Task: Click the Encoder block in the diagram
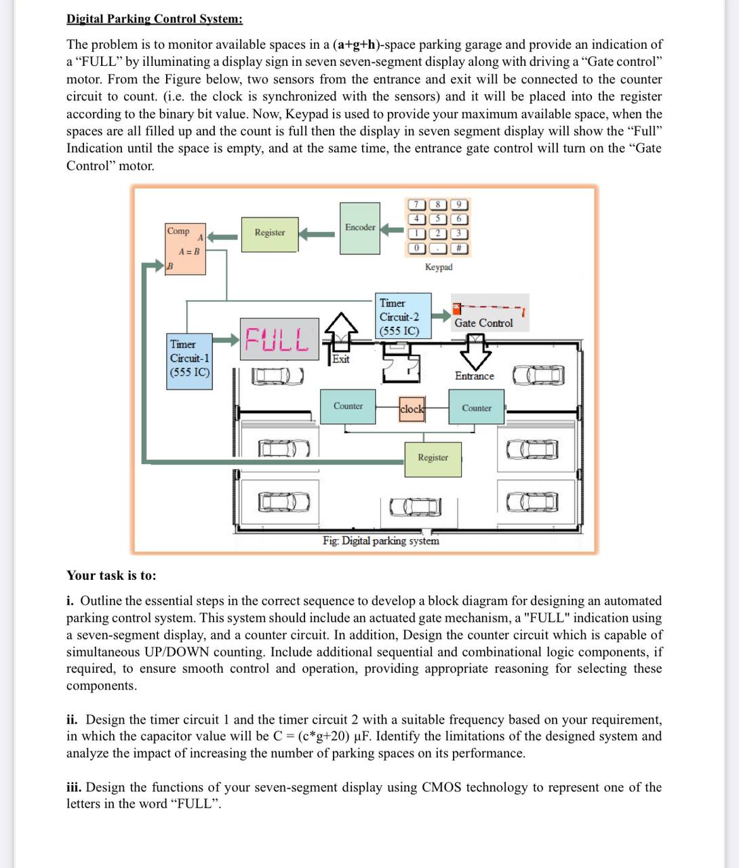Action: pyautogui.click(x=359, y=228)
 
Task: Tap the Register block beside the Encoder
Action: pyautogui.click(x=269, y=233)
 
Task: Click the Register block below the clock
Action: pyautogui.click(x=433, y=458)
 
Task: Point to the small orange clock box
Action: pyautogui.click(x=412, y=409)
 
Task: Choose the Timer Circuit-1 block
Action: pyautogui.click(x=190, y=359)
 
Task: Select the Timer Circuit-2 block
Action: pyautogui.click(x=403, y=316)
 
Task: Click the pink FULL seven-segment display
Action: pyautogui.click(x=278, y=339)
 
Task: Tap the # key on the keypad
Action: pyautogui.click(x=459, y=248)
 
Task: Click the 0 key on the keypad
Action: pyautogui.click(x=416, y=248)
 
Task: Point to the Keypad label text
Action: pyautogui.click(x=439, y=267)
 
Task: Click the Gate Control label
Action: pyautogui.click(x=483, y=323)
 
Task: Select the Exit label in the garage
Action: pyautogui.click(x=341, y=359)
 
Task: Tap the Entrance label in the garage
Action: pyautogui.click(x=475, y=376)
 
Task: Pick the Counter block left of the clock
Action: pyautogui.click(x=348, y=406)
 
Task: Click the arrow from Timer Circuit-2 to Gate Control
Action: pyautogui.click(x=441, y=315)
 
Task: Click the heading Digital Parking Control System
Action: pyautogui.click(x=155, y=19)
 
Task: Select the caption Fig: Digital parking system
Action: pyautogui.click(x=380, y=541)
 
